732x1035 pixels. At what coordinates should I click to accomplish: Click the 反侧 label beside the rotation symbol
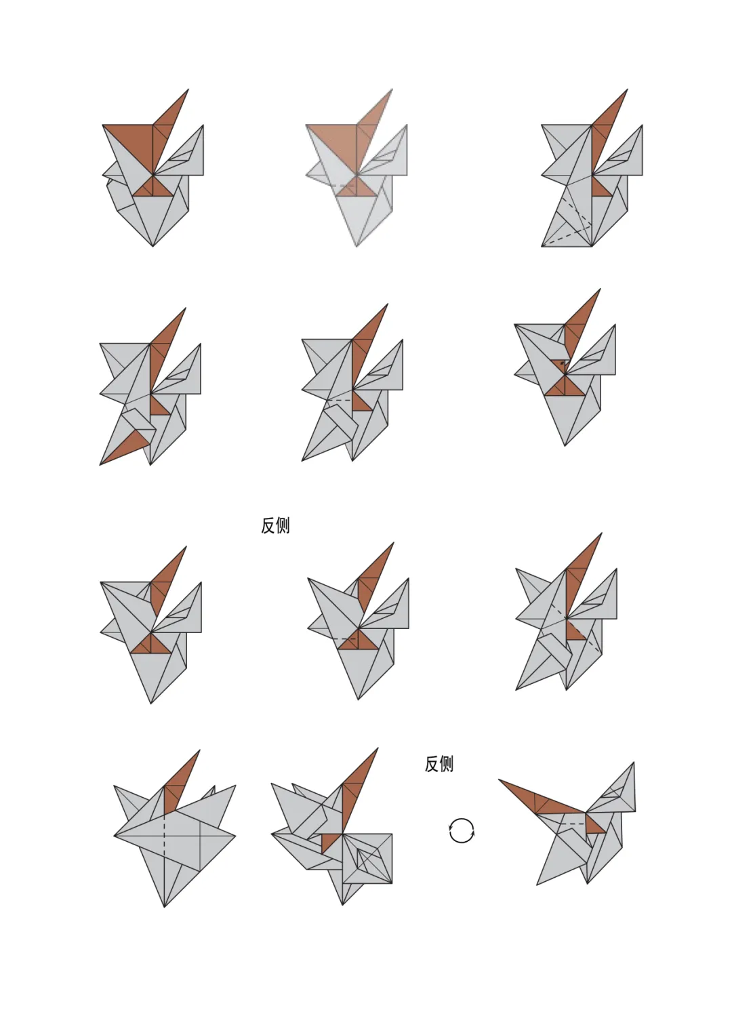pos(439,764)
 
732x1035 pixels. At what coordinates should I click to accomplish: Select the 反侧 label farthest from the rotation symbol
pos(275,525)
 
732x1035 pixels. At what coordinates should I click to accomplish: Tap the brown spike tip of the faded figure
pos(392,89)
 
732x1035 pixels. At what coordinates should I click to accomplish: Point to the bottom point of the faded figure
pos(357,246)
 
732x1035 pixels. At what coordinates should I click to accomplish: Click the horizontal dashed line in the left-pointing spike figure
pos(574,824)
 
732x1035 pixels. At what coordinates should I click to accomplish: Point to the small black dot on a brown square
pos(563,363)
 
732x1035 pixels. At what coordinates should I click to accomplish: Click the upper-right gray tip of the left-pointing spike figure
pos(634,763)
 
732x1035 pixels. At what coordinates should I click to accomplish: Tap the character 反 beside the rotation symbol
pos(432,764)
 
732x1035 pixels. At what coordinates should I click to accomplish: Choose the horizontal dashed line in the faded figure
pos(343,186)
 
